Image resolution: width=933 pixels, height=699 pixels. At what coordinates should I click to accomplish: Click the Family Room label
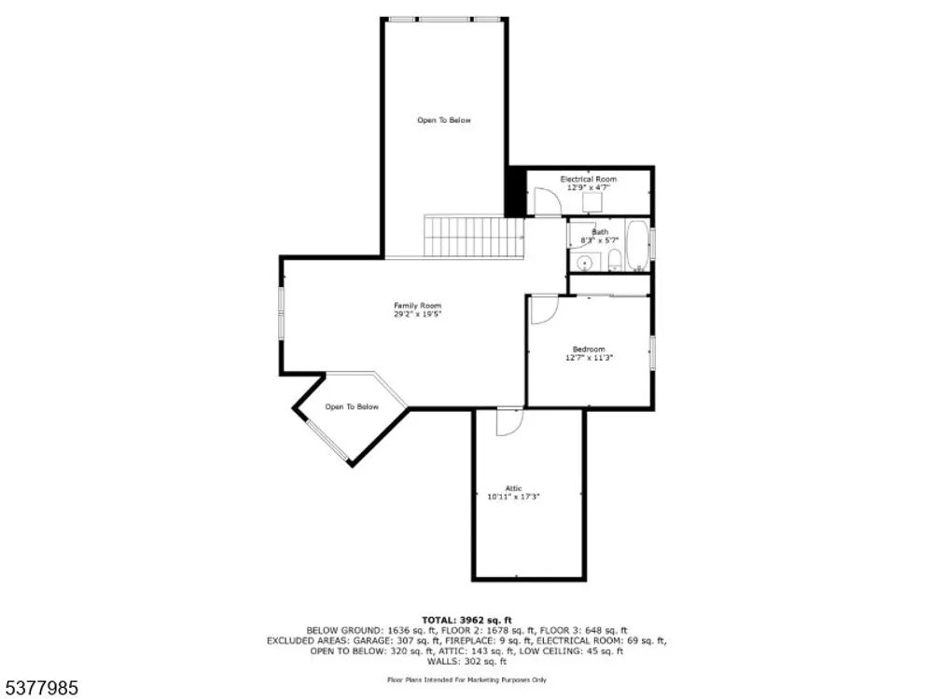418,306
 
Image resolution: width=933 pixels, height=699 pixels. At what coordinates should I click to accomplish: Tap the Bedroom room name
589,349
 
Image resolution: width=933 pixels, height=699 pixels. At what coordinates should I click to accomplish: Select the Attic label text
513,488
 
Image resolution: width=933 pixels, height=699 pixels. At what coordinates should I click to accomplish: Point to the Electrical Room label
589,179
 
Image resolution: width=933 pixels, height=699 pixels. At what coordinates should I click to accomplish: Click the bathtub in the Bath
638,245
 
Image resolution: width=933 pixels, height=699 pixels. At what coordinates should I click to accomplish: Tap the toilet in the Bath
615,260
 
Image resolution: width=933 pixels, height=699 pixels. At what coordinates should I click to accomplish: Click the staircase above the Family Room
474,237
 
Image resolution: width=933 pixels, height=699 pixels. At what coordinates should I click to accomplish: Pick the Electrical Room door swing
548,202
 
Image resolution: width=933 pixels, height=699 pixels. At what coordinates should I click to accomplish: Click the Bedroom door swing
544,309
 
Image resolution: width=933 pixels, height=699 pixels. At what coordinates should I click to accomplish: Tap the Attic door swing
510,421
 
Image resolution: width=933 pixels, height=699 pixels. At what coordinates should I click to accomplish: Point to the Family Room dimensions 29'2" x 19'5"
418,314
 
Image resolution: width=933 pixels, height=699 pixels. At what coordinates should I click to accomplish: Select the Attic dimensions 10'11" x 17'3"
513,497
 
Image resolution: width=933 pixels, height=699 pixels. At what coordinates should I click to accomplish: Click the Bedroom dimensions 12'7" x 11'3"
589,358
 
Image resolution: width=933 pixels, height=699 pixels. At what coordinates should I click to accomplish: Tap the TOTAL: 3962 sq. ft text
466,620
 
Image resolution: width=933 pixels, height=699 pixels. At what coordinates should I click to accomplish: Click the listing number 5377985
39,689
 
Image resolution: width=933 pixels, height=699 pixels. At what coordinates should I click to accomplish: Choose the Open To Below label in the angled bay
352,406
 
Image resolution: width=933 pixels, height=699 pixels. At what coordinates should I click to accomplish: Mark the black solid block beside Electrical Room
515,191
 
